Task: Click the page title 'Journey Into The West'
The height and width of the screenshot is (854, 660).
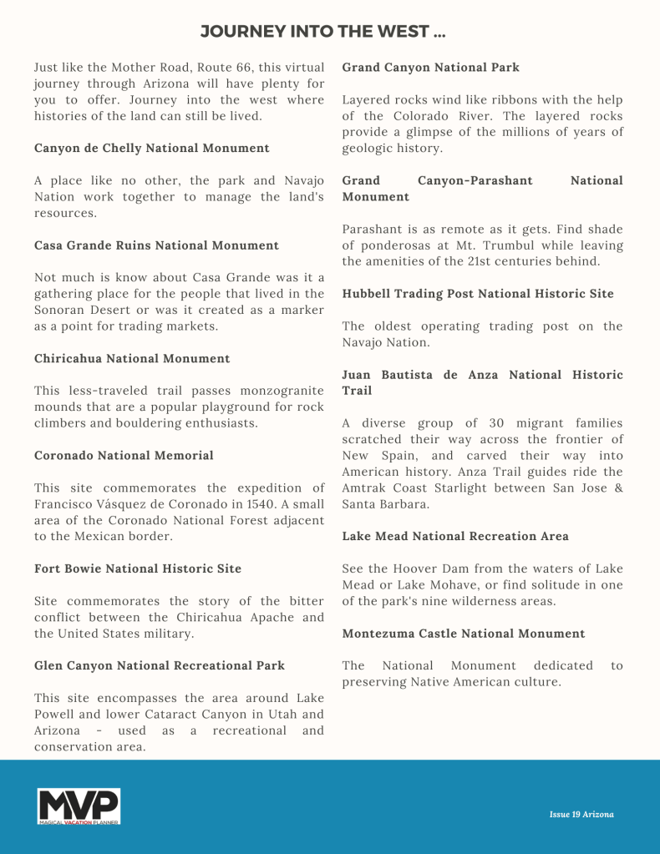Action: (x=323, y=33)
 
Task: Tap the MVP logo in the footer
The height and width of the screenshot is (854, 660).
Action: (x=79, y=806)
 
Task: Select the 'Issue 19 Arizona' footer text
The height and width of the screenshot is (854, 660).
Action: (x=581, y=814)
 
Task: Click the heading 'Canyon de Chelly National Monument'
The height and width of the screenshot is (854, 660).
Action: (x=152, y=148)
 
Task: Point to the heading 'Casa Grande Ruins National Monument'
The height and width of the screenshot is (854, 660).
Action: (x=156, y=245)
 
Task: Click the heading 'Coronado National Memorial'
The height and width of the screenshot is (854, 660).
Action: (x=124, y=455)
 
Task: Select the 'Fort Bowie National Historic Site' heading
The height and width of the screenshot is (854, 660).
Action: (x=138, y=568)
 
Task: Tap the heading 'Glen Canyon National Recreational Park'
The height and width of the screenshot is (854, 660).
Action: (x=160, y=665)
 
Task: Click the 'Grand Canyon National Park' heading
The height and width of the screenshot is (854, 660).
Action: (x=431, y=67)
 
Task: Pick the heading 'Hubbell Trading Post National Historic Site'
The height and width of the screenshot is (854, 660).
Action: (x=478, y=293)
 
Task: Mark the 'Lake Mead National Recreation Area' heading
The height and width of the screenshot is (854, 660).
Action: (x=455, y=536)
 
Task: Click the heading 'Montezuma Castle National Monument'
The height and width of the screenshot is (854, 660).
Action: (x=464, y=634)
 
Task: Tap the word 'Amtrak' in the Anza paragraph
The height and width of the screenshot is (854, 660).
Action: (x=364, y=488)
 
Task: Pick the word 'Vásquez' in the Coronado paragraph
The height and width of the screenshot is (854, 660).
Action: (x=123, y=504)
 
